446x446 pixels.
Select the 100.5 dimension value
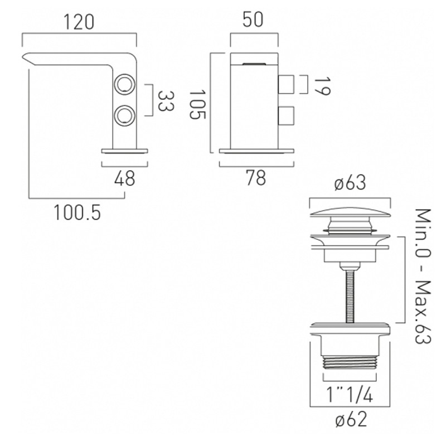click(78, 212)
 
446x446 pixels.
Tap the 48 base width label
click(124, 179)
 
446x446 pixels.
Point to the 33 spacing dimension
click(163, 100)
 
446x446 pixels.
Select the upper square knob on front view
click(286, 85)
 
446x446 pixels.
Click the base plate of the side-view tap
click(126, 151)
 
